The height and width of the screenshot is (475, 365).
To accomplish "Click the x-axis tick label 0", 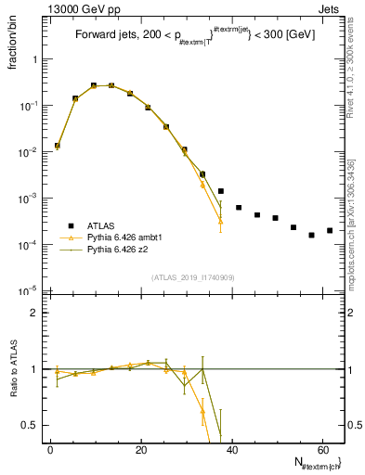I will click(50, 449).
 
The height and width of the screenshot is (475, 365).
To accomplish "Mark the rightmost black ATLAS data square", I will click(330, 230).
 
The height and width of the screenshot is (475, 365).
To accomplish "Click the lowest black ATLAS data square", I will click(311, 235).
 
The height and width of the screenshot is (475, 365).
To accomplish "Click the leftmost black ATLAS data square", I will click(58, 146).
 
